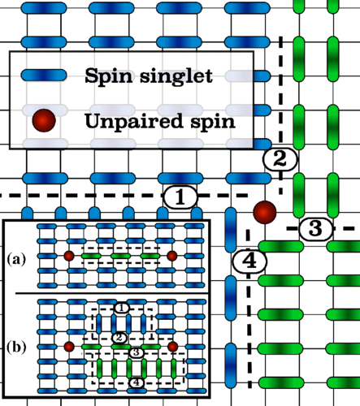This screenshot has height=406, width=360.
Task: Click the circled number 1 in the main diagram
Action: pyautogui.click(x=180, y=197)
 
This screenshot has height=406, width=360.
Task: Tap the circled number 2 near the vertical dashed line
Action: pyautogui.click(x=279, y=160)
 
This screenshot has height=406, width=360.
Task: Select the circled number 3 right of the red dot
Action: pyautogui.click(x=315, y=229)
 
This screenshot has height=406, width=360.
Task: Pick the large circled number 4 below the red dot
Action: pyautogui.click(x=249, y=261)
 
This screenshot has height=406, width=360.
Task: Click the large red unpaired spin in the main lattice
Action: pyautogui.click(x=264, y=213)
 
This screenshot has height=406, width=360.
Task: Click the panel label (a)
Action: pyautogui.click(x=16, y=260)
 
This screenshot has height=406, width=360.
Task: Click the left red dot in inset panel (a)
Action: pyautogui.click(x=69, y=257)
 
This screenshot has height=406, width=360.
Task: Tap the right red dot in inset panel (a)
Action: pyautogui.click(x=171, y=257)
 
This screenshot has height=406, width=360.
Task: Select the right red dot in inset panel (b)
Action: pyautogui.click(x=172, y=347)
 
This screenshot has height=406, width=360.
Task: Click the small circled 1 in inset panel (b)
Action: pyautogui.click(x=120, y=308)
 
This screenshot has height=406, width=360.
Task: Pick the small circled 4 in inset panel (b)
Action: pyautogui.click(x=137, y=382)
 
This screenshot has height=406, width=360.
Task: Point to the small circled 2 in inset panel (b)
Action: pyautogui.click(x=119, y=337)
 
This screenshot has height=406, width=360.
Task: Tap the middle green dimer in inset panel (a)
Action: pyautogui.click(x=120, y=257)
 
